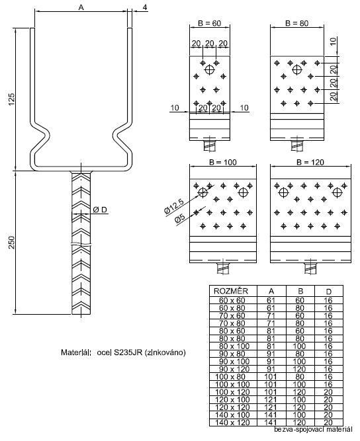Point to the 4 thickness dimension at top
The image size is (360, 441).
(x=144, y=7)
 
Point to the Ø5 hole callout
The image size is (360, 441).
(x=179, y=219)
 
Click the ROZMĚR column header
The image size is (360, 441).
(x=229, y=291)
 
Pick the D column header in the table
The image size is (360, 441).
(x=328, y=291)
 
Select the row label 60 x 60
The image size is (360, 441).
(x=231, y=301)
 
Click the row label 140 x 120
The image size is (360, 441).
(x=231, y=421)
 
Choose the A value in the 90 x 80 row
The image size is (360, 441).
(x=269, y=353)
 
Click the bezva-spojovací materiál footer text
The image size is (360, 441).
(x=318, y=429)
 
